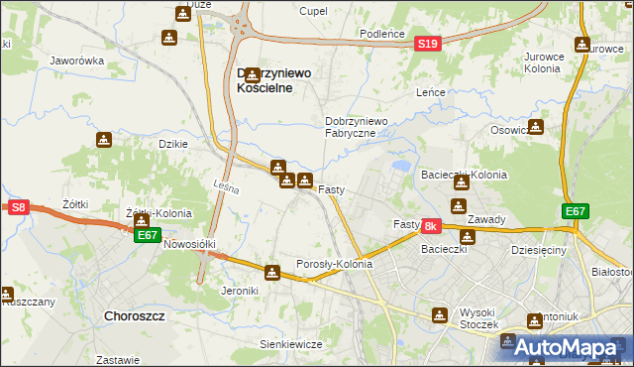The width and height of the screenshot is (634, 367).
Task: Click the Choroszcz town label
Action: (134, 315)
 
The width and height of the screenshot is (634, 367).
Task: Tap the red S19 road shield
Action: (428, 44)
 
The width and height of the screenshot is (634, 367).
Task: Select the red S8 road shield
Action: (18, 207)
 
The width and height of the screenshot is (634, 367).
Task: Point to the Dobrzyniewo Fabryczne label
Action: (363, 127)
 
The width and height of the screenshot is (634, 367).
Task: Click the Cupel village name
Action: (313, 11)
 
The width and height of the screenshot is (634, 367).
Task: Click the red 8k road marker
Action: (430, 227)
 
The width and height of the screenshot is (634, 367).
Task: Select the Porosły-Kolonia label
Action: (335, 265)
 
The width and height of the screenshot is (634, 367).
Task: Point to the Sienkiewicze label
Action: (291, 344)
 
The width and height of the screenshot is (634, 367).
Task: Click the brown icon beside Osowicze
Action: (536, 127)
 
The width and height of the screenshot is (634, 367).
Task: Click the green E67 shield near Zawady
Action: (576, 211)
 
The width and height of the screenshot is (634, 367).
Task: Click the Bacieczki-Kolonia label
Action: (464, 175)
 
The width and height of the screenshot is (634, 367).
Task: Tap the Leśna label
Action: (227, 186)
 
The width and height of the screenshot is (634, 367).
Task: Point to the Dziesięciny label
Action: (539, 251)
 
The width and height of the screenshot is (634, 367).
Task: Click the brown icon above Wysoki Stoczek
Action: (440, 314)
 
